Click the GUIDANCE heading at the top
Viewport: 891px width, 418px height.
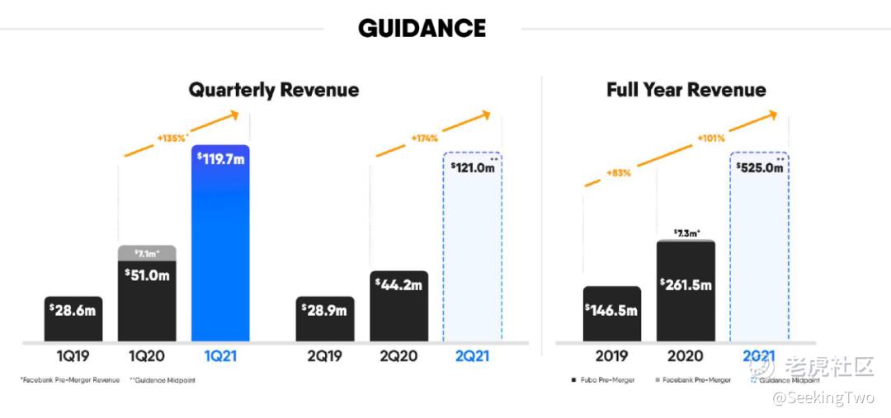click(x=422, y=29)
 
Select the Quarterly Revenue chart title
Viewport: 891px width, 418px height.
click(x=273, y=90)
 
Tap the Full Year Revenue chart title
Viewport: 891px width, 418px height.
click(x=686, y=90)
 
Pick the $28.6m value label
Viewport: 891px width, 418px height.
click(x=73, y=311)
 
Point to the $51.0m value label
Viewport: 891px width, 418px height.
click(x=147, y=275)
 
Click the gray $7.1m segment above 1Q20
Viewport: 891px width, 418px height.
click(x=147, y=251)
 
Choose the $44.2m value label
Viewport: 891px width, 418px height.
click(x=399, y=284)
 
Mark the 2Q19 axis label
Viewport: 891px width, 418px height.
click(x=325, y=357)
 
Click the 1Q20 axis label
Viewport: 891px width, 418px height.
click(x=148, y=357)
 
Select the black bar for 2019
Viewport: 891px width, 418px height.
click(x=611, y=313)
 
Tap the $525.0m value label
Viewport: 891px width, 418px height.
click(x=759, y=167)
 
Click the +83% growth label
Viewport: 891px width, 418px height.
click(x=620, y=173)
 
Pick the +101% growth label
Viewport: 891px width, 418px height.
click(x=710, y=138)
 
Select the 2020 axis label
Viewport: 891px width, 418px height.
click(x=685, y=357)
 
